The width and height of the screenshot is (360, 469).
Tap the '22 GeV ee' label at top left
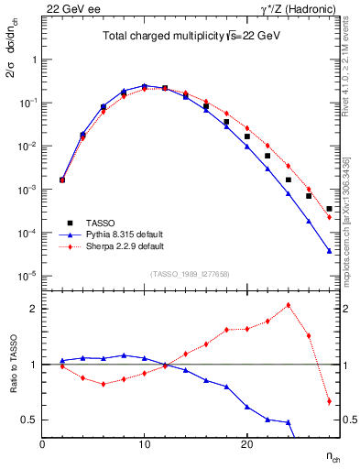click(x=69, y=8)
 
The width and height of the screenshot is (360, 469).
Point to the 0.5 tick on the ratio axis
click(x=30, y=420)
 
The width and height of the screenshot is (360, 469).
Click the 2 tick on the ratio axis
click(x=34, y=309)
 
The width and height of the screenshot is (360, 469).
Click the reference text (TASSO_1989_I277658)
click(x=191, y=272)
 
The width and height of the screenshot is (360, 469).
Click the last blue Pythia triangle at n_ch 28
click(x=329, y=251)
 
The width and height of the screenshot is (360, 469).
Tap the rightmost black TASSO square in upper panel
click(x=329, y=209)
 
